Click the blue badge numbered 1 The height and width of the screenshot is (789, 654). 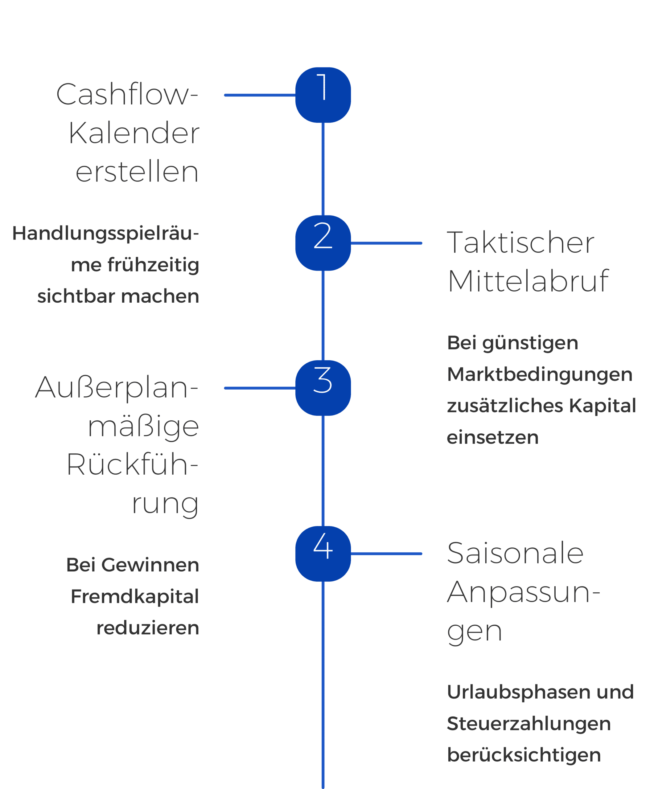tap(323, 95)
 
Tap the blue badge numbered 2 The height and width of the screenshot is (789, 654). tap(323, 243)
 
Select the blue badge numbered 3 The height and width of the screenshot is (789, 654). tap(323, 388)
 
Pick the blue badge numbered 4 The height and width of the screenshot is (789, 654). tap(323, 554)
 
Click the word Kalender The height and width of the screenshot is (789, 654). tap(134, 133)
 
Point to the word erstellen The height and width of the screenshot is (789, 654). tap(137, 172)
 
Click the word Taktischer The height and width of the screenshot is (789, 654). tap(520, 243)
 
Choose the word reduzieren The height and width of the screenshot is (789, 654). tap(148, 628)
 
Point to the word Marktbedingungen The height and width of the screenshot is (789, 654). tap(540, 374)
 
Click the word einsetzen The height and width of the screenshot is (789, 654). tap(493, 437)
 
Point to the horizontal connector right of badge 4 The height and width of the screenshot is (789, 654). tap(386, 554)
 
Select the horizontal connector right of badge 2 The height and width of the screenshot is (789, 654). tap(386, 243)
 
